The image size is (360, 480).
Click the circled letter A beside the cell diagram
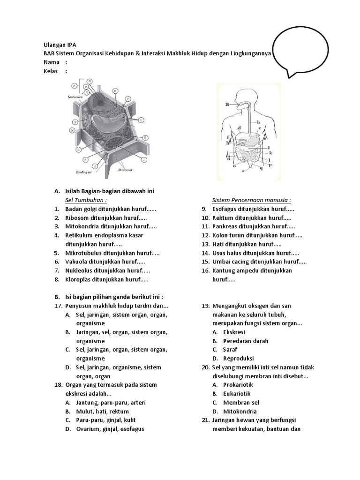pos(74,86)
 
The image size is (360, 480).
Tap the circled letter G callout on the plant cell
pos(146,137)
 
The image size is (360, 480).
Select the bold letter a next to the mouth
pos(227,105)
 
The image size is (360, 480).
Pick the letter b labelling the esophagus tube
pos(258,122)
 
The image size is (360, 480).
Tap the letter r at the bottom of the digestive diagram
pos(243,171)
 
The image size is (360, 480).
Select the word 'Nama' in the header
pos(51,62)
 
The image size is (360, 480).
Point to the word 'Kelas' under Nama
pos(51,71)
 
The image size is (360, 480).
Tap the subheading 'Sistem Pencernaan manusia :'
pos(251,200)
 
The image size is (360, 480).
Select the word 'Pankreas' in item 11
pos(224,226)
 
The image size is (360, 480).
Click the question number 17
pos(58,306)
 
